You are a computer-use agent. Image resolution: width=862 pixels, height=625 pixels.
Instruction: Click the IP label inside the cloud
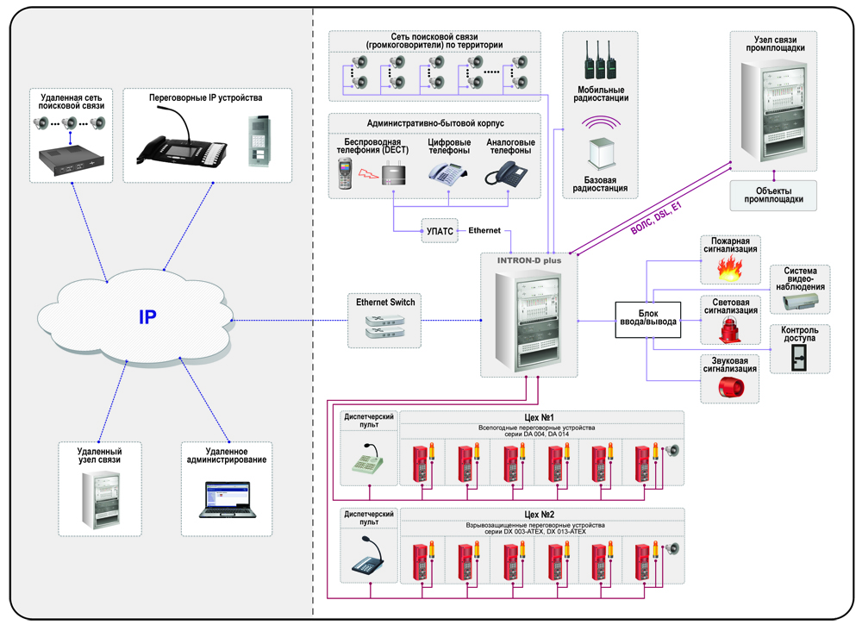[x=147, y=316]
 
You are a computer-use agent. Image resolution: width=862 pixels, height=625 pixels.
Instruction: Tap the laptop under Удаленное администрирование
[x=226, y=499]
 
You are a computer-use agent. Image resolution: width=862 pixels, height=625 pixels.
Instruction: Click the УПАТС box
[x=440, y=232]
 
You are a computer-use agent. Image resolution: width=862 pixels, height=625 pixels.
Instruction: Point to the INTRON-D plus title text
[x=528, y=258]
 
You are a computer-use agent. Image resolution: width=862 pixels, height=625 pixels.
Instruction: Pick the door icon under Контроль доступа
[x=801, y=357]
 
